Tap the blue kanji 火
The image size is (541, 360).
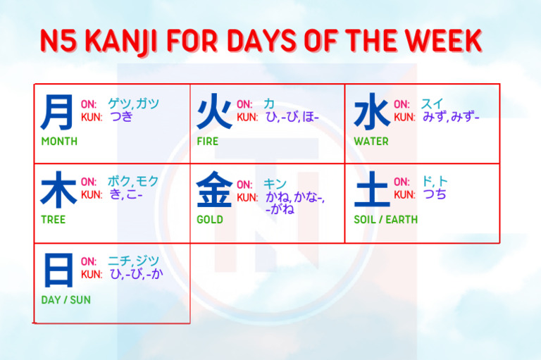click(213, 113)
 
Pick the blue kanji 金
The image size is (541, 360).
click(213, 191)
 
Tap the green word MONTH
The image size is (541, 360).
click(59, 141)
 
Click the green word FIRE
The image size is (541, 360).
click(208, 141)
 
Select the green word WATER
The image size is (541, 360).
click(371, 141)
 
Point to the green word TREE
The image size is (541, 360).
click(53, 219)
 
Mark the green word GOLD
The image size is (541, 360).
click(210, 219)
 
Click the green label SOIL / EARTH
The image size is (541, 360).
click(385, 219)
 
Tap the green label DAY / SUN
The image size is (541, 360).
click(66, 299)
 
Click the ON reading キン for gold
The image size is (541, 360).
click(275, 183)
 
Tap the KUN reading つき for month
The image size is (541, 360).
click(121, 117)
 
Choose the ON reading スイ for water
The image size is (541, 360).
click(431, 104)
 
